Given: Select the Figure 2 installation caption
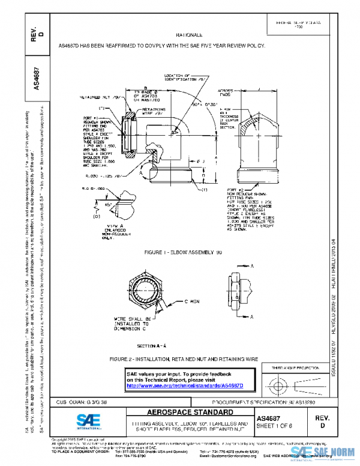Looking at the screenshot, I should point(184,359).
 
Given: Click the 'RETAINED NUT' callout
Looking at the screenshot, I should point(101,97).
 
